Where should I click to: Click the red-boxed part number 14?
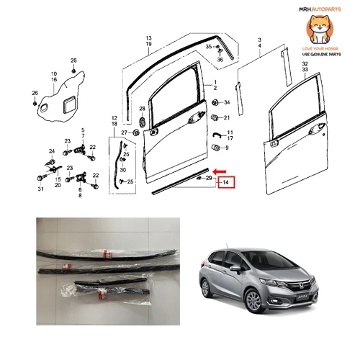(226, 182)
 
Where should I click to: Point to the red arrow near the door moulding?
(220, 171)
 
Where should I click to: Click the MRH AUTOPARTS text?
(320, 9)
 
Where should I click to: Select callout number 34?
(227, 102)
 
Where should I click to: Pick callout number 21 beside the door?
(227, 117)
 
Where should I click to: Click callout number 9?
(227, 148)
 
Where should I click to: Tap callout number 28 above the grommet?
(142, 109)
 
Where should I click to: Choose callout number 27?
(124, 132)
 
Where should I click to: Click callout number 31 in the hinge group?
(41, 189)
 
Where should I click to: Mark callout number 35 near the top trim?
(209, 47)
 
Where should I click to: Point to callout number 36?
(220, 60)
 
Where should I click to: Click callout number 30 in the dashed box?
(123, 170)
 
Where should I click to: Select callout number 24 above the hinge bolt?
(52, 151)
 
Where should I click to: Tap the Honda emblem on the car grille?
(300, 286)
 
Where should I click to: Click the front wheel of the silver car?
(253, 300)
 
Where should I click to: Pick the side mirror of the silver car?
(235, 269)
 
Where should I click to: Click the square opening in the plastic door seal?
(69, 104)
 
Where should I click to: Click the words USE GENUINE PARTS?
(321, 55)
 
